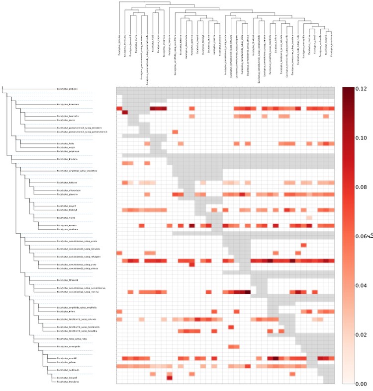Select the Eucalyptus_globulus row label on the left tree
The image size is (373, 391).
(x=67, y=89)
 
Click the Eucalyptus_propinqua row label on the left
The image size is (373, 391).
(x=67, y=151)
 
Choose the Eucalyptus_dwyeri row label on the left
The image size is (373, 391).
(x=66, y=205)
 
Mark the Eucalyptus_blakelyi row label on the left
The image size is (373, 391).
(x=67, y=210)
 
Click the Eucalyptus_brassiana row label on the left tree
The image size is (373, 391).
(x=67, y=382)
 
